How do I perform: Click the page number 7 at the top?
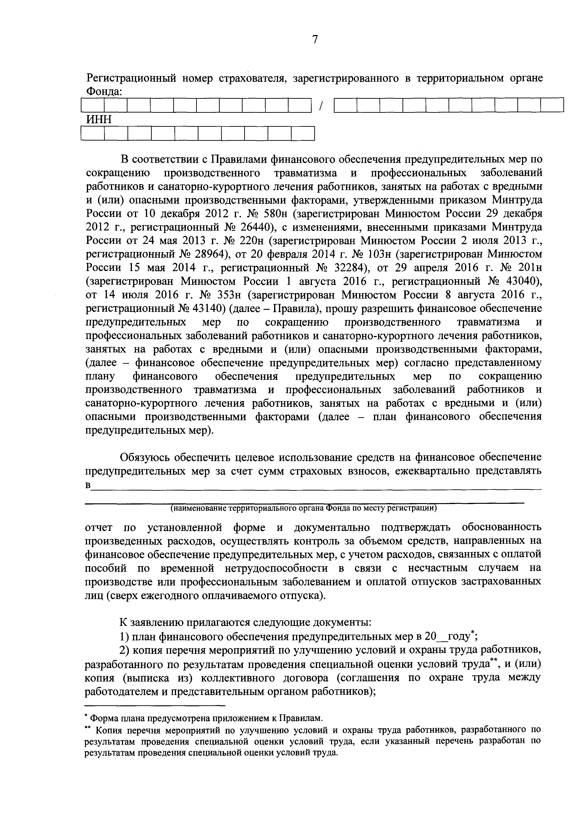pos(315,39)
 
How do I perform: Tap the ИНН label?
pos(99,120)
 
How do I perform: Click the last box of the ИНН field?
pos(303,134)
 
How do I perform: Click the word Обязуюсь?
pos(144,457)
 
